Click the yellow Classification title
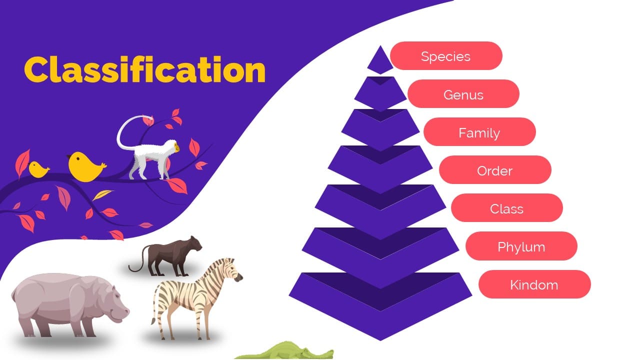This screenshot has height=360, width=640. (x=144, y=70)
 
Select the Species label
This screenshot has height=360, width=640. (x=445, y=56)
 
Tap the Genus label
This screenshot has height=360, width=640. (x=463, y=94)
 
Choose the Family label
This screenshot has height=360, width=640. (x=479, y=132)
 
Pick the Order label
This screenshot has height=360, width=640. (x=494, y=170)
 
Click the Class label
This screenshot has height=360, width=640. (x=506, y=208)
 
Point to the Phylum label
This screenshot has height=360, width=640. (x=521, y=246)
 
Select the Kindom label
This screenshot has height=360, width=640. (x=534, y=284)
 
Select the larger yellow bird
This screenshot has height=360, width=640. (x=85, y=166)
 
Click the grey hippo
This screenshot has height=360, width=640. (x=65, y=305)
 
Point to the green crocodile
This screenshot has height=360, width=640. (x=285, y=352)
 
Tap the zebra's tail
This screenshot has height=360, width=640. (x=154, y=310)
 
